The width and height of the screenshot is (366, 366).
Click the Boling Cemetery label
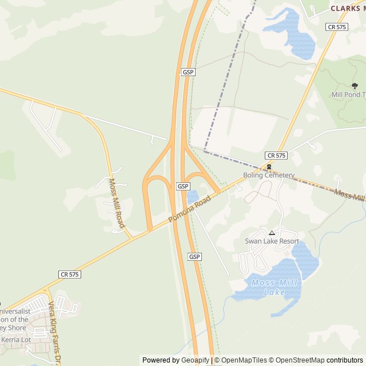pyautogui.click(x=269, y=176)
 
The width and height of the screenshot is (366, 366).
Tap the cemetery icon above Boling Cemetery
pyautogui.click(x=269, y=167)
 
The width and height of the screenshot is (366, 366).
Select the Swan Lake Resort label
pyautogui.click(x=272, y=241)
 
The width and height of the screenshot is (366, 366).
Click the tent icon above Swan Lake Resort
pyautogui.click(x=272, y=233)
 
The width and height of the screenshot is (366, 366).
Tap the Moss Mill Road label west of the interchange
pyautogui.click(x=116, y=203)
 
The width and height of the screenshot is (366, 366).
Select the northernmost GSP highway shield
pyautogui.click(x=188, y=72)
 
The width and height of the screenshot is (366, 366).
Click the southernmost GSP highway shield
pyautogui.click(x=194, y=257)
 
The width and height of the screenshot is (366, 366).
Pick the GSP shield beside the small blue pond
pyautogui.click(x=182, y=186)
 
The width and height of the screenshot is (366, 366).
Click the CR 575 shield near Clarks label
pyautogui.click(x=337, y=27)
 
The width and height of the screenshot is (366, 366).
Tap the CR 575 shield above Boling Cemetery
pyautogui.click(x=276, y=156)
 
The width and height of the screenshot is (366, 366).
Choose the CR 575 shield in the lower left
pyautogui.click(x=69, y=274)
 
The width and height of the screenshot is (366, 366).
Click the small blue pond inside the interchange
pyautogui.click(x=192, y=197)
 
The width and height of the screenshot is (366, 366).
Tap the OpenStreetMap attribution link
pyautogui.click(x=297, y=360)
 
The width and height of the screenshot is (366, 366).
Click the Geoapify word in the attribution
pyautogui.click(x=195, y=360)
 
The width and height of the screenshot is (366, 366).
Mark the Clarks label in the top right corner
pyautogui.click(x=347, y=8)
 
